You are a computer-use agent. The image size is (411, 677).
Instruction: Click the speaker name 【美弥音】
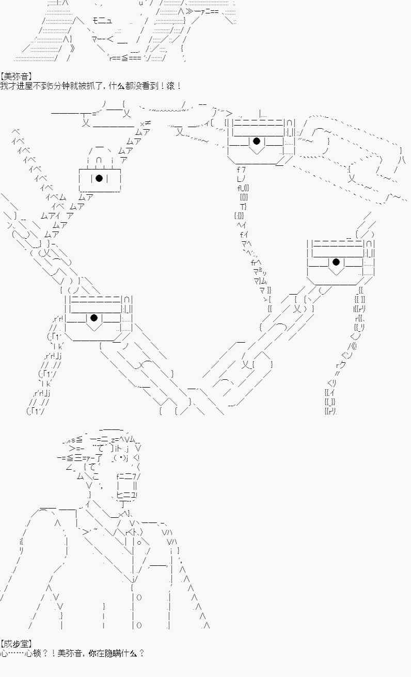click(x=17, y=76)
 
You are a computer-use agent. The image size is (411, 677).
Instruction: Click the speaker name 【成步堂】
click(x=17, y=644)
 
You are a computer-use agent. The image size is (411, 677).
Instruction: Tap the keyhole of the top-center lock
click(x=257, y=141)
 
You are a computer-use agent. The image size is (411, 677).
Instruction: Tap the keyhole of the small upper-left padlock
click(x=99, y=178)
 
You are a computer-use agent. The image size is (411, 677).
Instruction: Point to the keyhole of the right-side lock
click(x=336, y=261)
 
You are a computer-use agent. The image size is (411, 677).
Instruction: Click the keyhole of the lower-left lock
click(x=94, y=318)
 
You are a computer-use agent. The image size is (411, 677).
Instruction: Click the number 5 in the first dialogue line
click(x=51, y=86)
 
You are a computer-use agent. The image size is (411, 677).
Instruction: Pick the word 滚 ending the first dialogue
click(x=170, y=86)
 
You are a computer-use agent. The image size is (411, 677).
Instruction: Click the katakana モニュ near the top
click(x=102, y=21)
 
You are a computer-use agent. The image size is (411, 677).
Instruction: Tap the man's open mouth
click(x=127, y=485)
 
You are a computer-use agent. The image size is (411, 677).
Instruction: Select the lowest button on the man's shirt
click(x=139, y=625)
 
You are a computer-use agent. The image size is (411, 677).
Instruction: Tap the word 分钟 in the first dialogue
click(x=61, y=86)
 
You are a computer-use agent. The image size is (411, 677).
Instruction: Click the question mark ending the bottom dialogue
click(x=141, y=653)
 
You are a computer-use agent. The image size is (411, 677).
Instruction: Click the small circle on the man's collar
click(x=139, y=543)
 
